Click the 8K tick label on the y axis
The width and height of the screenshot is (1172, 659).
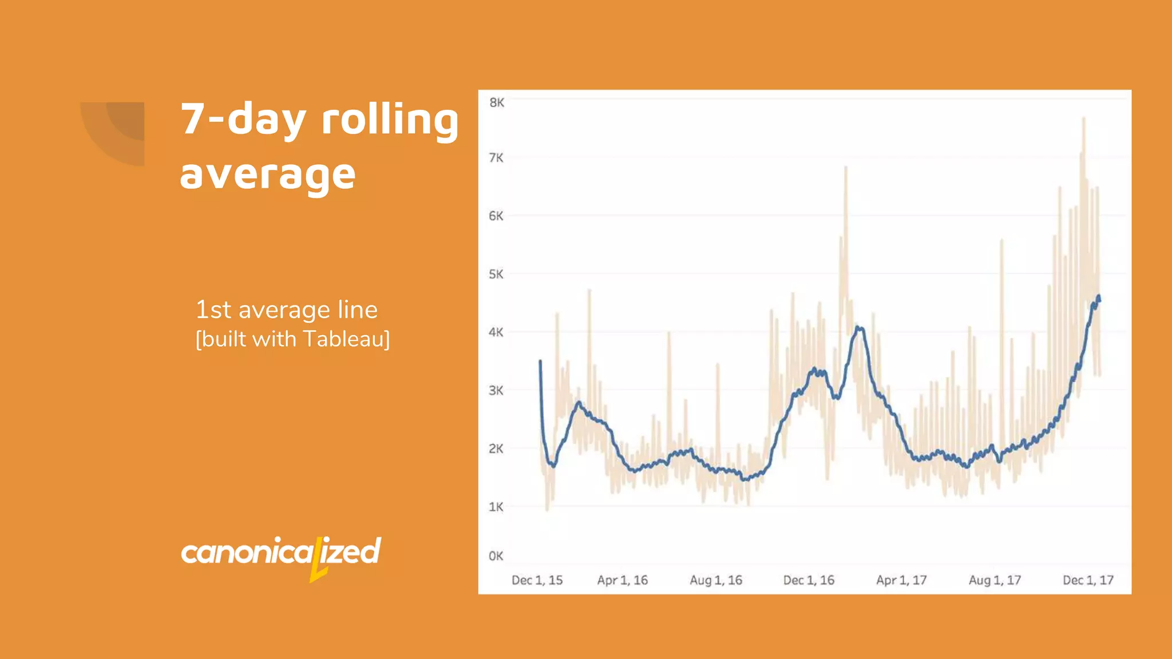[x=496, y=103]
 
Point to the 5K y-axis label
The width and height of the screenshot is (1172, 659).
[x=496, y=274]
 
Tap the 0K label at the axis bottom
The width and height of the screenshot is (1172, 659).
[x=496, y=556]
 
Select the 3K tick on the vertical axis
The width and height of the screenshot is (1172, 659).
[x=496, y=391]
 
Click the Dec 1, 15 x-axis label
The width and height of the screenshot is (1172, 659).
[x=537, y=580]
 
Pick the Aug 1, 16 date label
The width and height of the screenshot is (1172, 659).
[x=715, y=580]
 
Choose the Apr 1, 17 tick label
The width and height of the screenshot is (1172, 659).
[x=901, y=580]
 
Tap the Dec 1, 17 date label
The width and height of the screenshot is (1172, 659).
[x=1088, y=580]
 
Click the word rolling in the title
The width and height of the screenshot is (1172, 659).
[x=390, y=120]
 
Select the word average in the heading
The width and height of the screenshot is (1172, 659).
[x=268, y=174]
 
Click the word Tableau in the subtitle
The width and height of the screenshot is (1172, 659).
[x=346, y=339]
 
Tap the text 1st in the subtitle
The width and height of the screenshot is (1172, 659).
[x=213, y=309]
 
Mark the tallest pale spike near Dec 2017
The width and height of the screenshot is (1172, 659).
[x=1083, y=118]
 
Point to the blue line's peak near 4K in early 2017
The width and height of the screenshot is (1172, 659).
[x=858, y=327]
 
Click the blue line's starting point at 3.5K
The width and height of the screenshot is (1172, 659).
[x=540, y=361]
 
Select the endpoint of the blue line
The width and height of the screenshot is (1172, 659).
[x=1099, y=298]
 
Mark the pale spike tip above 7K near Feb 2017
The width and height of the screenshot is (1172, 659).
[x=846, y=167]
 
